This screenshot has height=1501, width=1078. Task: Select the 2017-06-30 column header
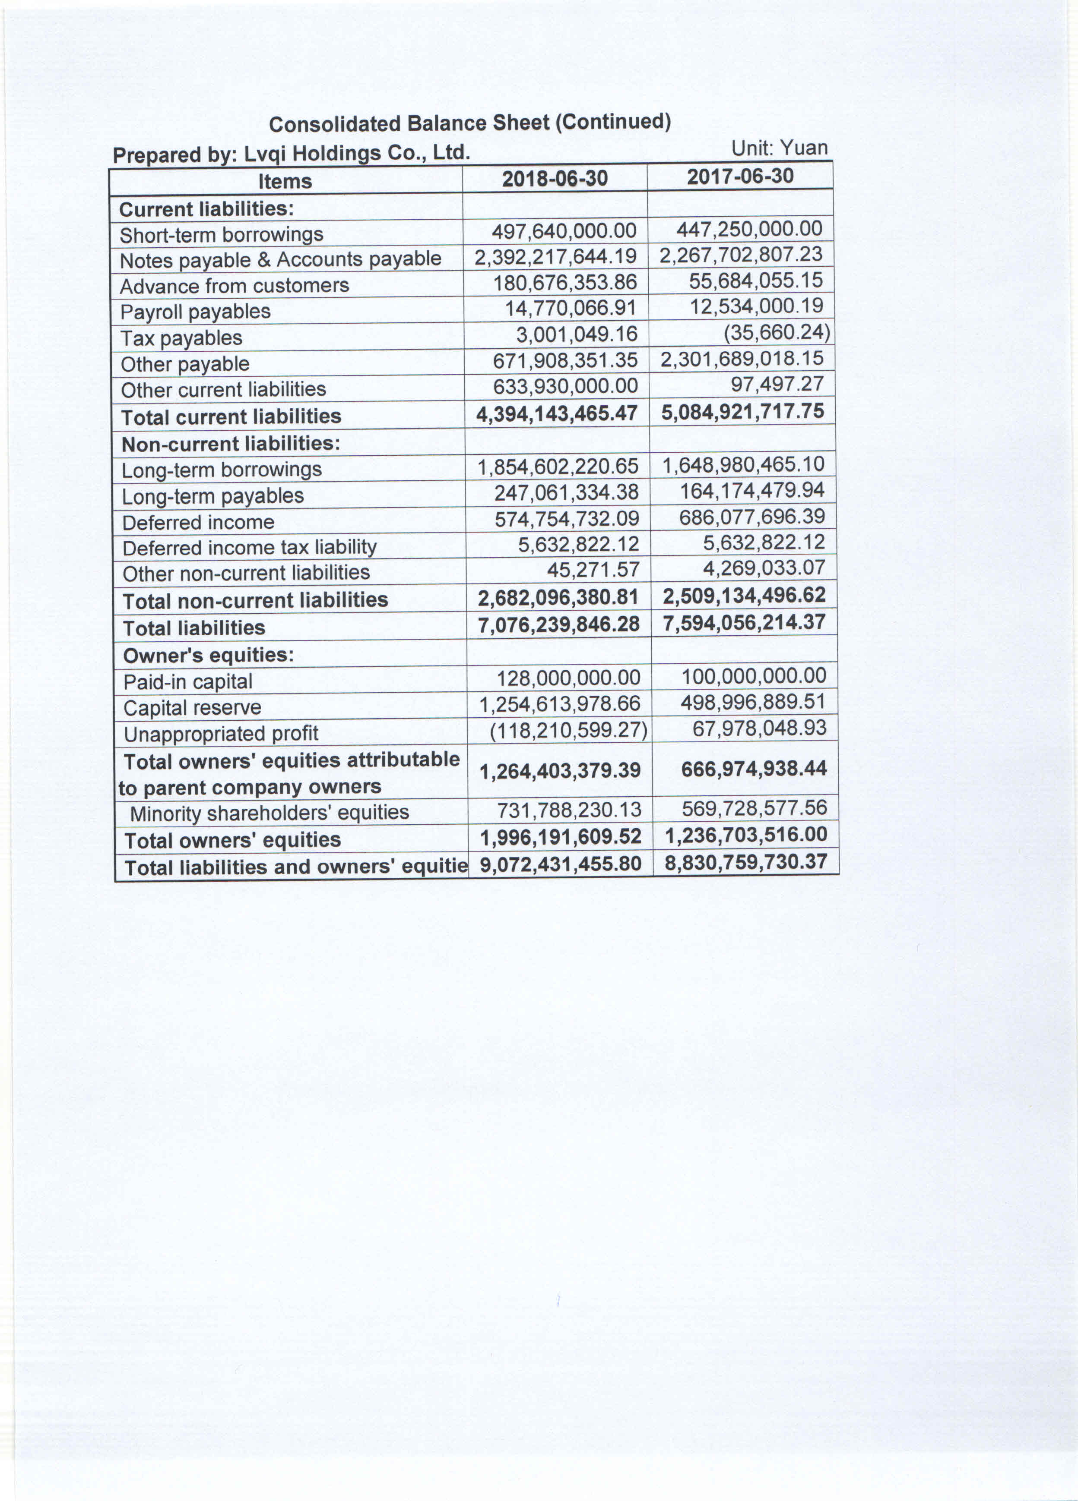point(740,176)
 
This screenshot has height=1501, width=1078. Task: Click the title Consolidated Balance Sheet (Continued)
point(469,123)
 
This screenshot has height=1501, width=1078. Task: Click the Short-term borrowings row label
point(221,234)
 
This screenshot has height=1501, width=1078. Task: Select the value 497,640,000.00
point(564,230)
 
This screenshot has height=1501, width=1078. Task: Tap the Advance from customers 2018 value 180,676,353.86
point(565,283)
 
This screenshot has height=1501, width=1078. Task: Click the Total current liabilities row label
point(231,416)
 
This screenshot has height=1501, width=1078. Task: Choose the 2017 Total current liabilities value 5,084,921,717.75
point(742,411)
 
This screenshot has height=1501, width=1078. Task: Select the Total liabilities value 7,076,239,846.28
point(559,624)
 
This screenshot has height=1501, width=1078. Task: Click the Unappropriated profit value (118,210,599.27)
point(568,729)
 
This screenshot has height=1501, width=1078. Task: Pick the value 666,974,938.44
point(754,768)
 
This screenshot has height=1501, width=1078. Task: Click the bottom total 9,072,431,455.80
point(561,864)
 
